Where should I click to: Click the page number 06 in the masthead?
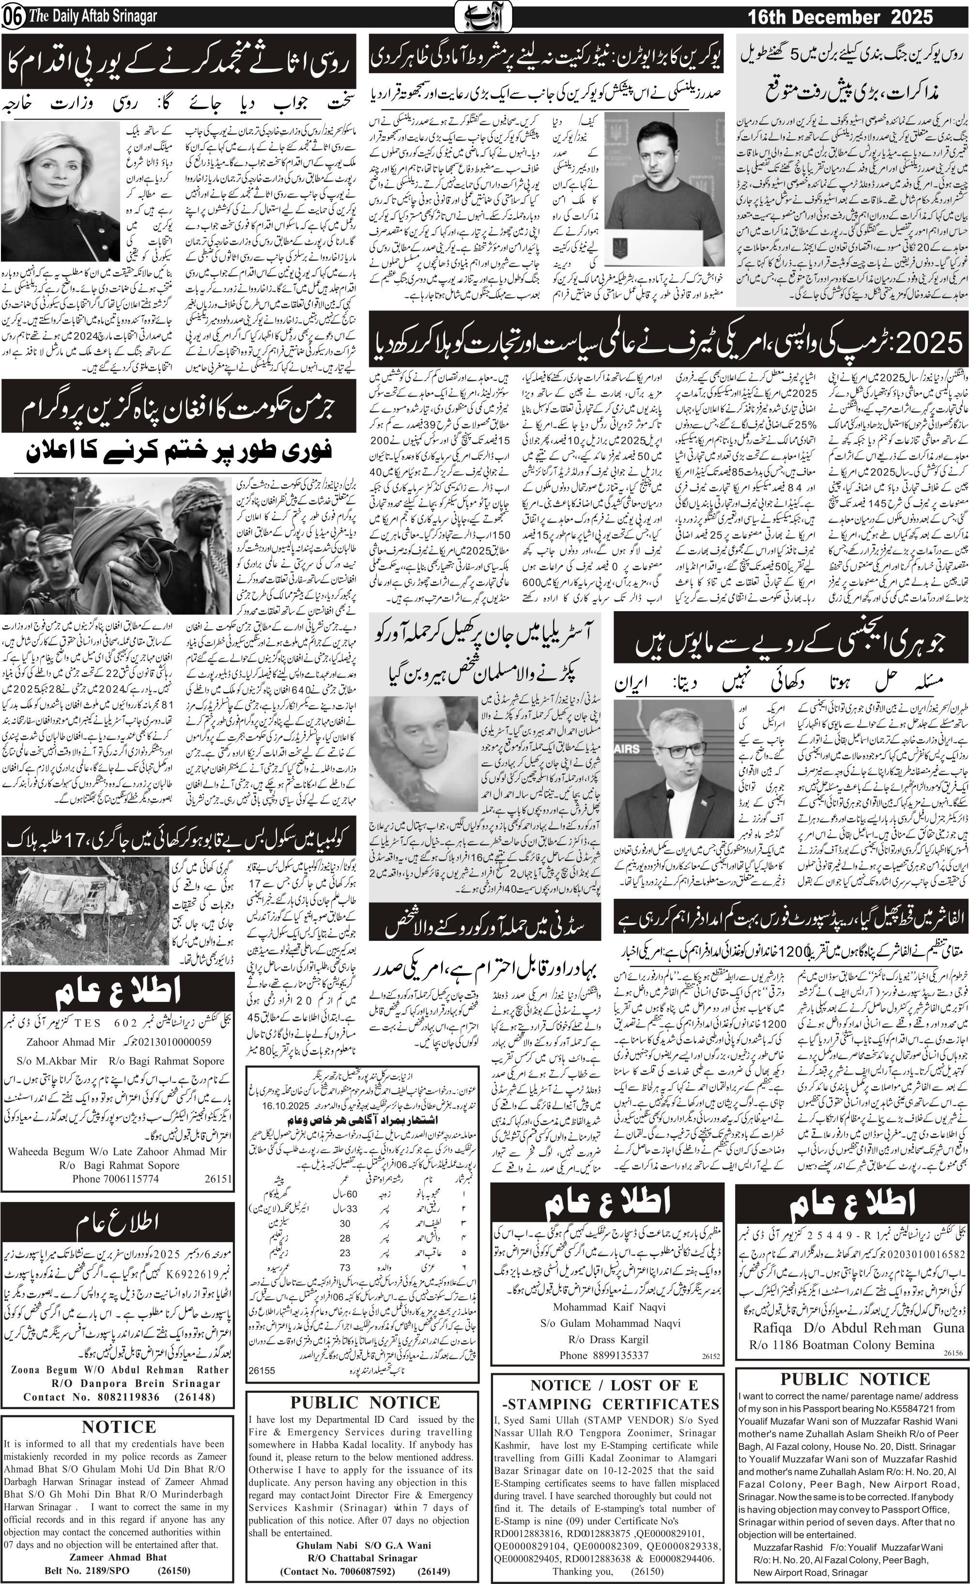12,18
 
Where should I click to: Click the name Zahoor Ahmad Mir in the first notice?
71,1042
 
